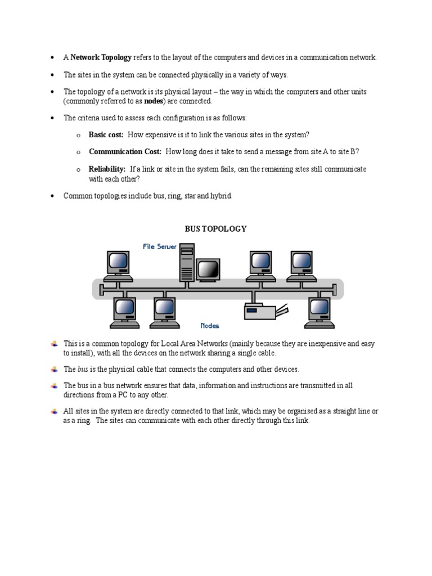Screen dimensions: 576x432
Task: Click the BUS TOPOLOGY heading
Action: click(216, 229)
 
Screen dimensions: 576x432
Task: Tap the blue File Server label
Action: click(160, 246)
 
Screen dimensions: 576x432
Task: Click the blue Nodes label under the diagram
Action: click(210, 326)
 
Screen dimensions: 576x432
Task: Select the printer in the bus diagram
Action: click(263, 310)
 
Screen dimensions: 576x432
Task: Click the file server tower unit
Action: click(187, 262)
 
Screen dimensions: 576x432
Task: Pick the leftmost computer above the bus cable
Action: click(119, 266)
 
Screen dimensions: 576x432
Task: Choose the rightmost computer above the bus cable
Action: click(302, 266)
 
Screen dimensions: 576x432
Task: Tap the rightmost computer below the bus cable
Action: click(319, 312)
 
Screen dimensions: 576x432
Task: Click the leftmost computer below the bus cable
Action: click(125, 312)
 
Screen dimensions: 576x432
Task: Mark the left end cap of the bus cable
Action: click(101, 289)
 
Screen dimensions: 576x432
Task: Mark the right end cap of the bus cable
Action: click(335, 289)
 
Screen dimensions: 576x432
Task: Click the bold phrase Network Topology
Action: click(101, 57)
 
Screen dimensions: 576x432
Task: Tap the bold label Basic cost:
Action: click(106, 134)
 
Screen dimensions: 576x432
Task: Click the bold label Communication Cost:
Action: click(125, 152)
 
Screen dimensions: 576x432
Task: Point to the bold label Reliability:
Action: click(107, 169)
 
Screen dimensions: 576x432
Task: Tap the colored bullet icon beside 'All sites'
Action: click(54, 411)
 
